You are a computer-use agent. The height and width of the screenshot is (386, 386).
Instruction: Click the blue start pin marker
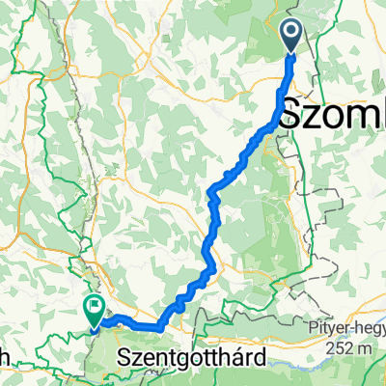pos(291,36)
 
